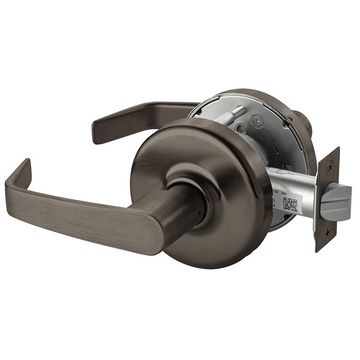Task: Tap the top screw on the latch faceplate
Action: (x=330, y=165)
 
